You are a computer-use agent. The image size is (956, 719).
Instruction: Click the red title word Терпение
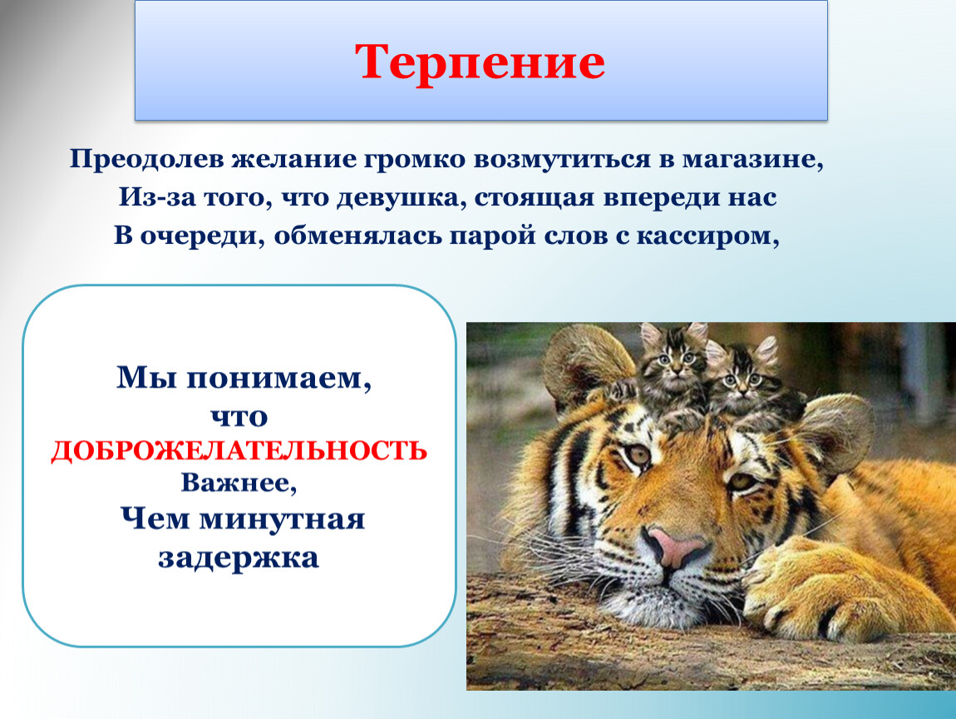click(x=480, y=62)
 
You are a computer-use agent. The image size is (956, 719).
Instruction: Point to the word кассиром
click(x=707, y=236)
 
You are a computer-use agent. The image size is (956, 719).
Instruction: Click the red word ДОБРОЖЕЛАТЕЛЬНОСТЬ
click(x=239, y=451)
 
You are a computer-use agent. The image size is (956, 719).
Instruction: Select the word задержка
click(x=239, y=558)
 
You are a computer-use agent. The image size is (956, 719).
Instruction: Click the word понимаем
click(x=278, y=378)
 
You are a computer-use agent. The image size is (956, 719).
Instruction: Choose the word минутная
click(x=282, y=519)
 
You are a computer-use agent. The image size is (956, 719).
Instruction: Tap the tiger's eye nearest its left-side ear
click(x=637, y=454)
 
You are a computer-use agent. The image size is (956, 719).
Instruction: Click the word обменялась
click(x=357, y=236)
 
